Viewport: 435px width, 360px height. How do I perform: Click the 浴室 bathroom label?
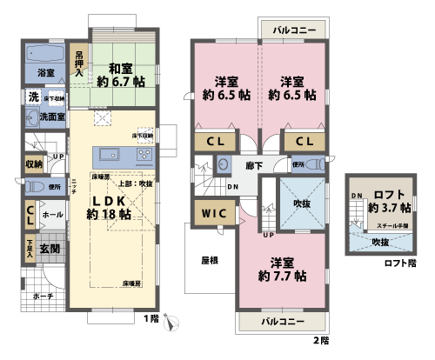tap(46, 72)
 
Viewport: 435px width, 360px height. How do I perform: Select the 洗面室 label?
tap(51, 117)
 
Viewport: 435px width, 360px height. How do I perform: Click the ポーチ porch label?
tap(43, 296)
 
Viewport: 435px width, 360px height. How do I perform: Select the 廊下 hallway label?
tap(254, 163)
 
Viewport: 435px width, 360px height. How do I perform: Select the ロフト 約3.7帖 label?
tap(385, 201)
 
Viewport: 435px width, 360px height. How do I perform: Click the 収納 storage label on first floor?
tap(34, 163)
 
